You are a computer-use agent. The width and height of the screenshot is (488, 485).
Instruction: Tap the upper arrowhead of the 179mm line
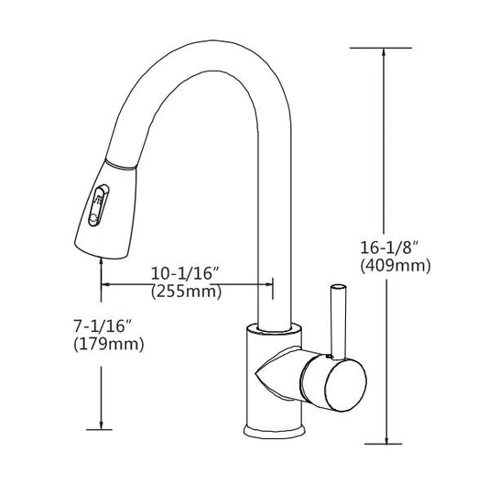[x=98, y=260]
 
